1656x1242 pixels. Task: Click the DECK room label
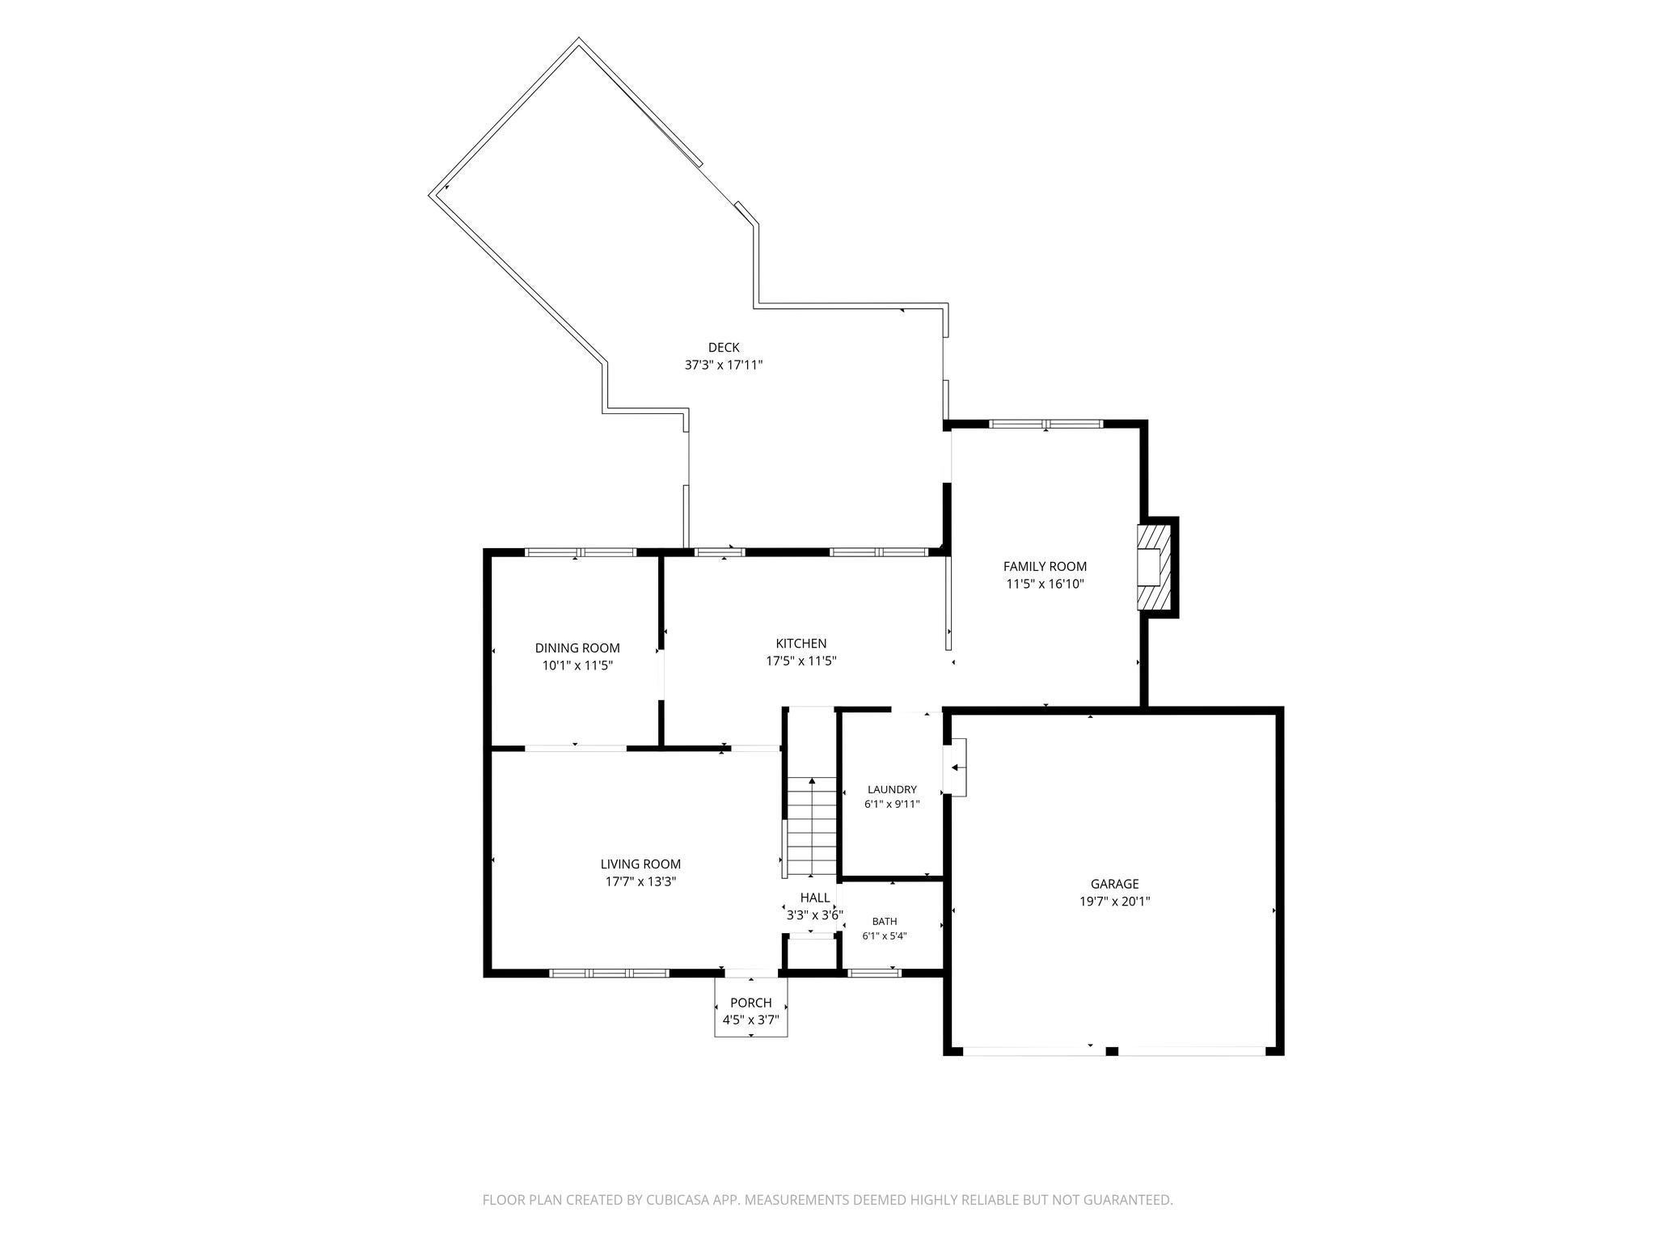point(724,348)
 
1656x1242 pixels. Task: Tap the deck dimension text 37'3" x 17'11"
point(724,365)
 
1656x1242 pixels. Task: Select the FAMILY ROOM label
point(1045,567)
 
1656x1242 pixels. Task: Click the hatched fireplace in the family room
point(1154,568)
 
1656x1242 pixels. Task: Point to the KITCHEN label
point(801,644)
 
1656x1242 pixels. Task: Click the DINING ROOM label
point(577,648)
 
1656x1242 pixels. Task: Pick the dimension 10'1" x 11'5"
point(577,666)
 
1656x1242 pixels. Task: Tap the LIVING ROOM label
point(640,864)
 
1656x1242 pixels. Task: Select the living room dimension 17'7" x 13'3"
point(640,882)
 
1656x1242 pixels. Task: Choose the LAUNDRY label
point(892,790)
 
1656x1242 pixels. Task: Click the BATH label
point(885,922)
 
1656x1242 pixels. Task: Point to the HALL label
point(815,898)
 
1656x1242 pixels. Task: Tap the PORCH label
point(751,1003)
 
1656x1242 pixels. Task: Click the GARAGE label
point(1114,885)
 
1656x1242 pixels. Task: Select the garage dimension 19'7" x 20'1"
point(1114,902)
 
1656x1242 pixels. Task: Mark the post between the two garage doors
point(1112,1051)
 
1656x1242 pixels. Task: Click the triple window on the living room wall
point(610,973)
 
